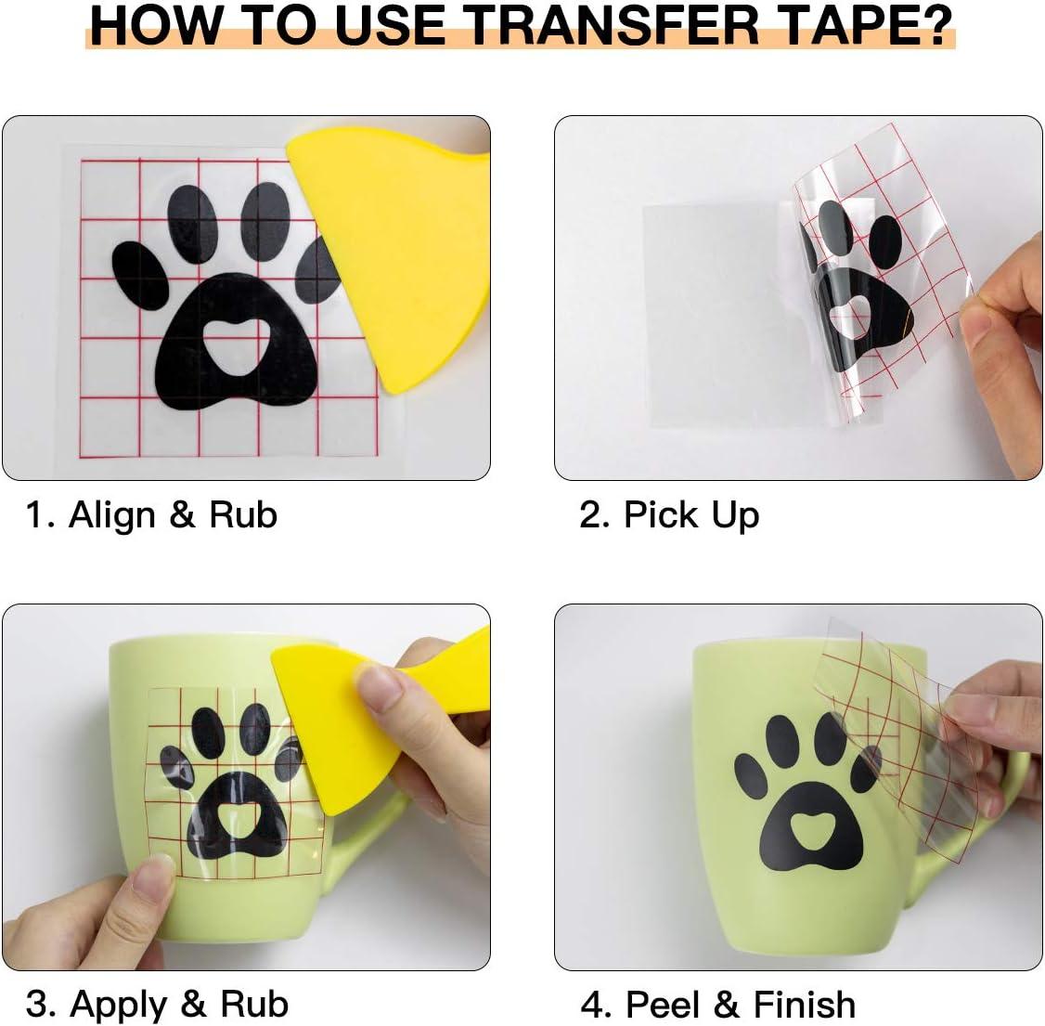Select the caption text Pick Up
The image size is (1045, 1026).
coord(691,515)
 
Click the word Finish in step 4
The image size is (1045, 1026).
coord(805,1004)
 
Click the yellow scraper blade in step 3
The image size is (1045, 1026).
coord(320,727)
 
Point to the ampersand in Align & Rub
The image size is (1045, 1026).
coord(182,515)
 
